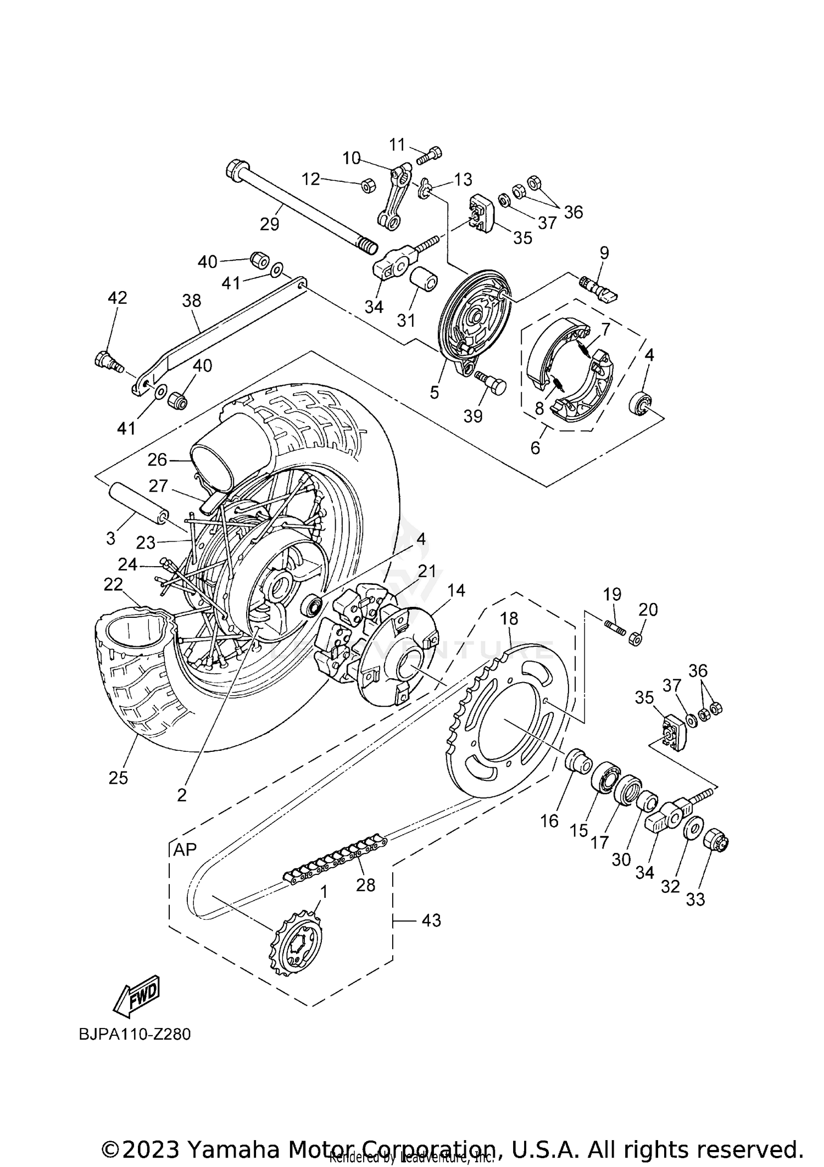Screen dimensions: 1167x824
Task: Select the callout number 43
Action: [431, 920]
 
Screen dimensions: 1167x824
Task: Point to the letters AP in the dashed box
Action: [185, 850]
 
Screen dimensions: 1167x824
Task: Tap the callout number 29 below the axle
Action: [270, 224]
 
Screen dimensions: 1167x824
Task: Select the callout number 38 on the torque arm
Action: [192, 300]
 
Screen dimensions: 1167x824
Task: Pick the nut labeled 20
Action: [634, 638]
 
